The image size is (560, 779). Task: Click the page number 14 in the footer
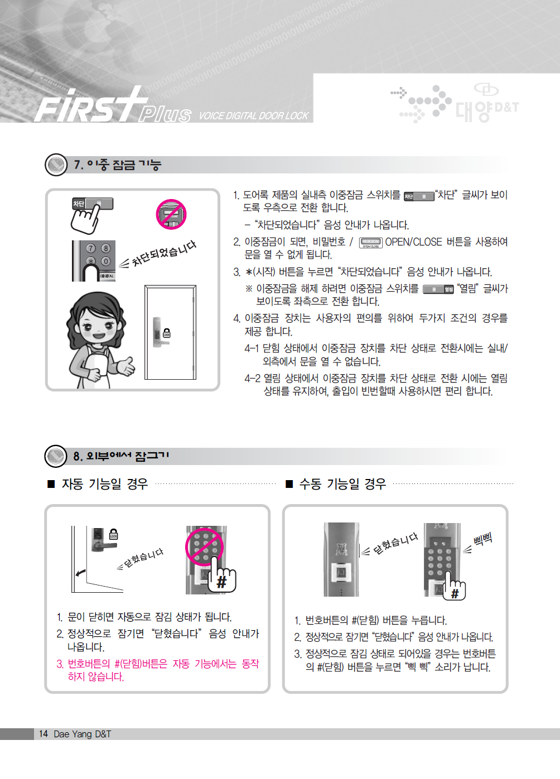coord(44,733)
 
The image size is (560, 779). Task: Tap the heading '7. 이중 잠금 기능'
coord(117,164)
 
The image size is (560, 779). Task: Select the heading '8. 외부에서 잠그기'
coord(121,456)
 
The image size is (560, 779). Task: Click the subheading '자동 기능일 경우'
coord(105,484)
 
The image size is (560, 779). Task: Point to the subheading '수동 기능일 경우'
coord(342,484)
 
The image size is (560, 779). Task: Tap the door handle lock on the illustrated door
coord(161,332)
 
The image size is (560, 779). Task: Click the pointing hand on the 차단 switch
coord(85,219)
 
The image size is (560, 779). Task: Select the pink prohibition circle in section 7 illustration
coord(171,214)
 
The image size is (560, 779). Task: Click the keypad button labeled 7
coord(91,248)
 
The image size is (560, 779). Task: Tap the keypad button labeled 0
coord(106,261)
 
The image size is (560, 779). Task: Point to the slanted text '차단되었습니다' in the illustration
coord(163,254)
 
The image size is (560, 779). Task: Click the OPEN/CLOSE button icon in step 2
coord(371,243)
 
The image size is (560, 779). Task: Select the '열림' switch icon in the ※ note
coord(438,289)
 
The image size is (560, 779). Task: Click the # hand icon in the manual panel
coord(453,586)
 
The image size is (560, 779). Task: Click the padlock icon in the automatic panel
coord(113,535)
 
